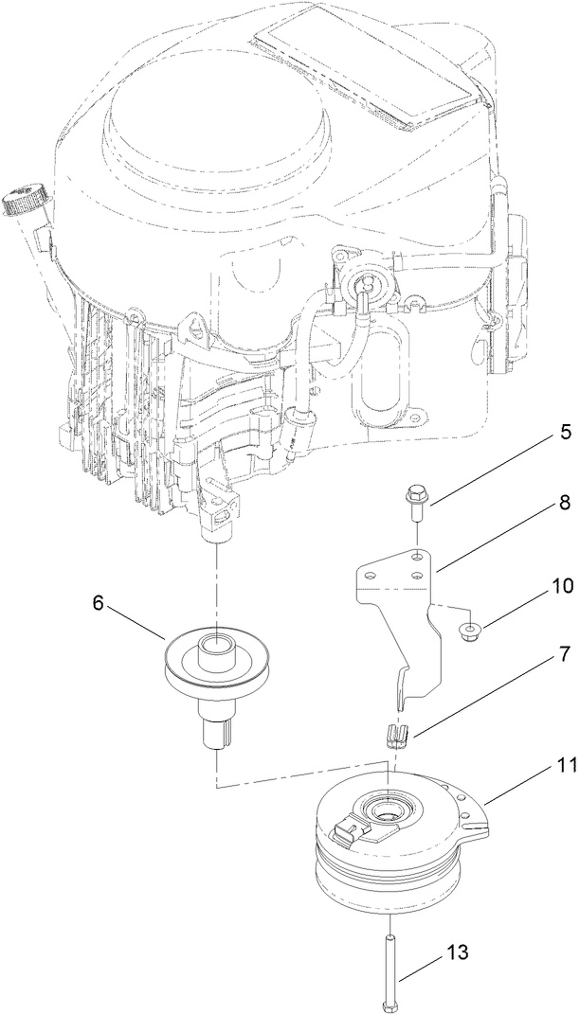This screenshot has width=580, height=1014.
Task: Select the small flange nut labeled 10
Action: coord(466,630)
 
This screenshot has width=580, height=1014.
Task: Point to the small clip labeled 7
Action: coord(396,734)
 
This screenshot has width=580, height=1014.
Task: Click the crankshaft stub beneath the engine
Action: coord(216,536)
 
